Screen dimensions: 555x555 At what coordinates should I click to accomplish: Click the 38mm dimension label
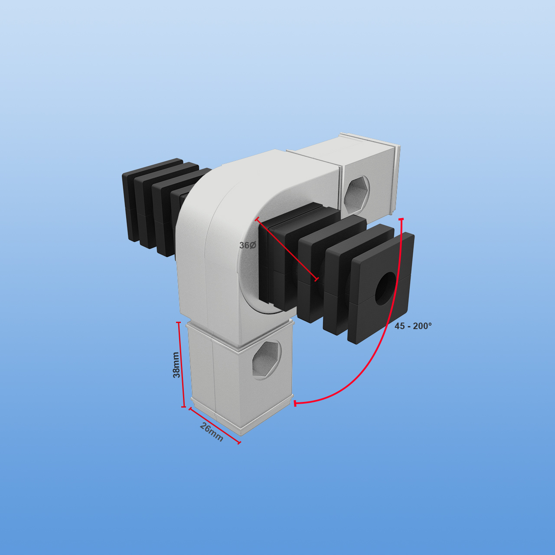tap(176, 365)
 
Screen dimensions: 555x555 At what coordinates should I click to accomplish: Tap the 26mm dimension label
tap(212, 432)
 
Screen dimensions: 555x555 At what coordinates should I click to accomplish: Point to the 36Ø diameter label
tap(248, 245)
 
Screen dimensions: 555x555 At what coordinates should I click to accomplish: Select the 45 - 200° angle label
tap(413, 326)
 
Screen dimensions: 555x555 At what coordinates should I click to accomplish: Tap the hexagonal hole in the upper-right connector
tap(357, 196)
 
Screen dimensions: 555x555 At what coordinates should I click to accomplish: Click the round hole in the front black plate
tap(385, 289)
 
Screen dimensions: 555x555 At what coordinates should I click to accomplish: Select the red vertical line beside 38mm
tap(181, 364)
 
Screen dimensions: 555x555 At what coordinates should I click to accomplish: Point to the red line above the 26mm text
tap(215, 426)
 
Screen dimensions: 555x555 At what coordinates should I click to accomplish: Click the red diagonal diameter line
tap(287, 248)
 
